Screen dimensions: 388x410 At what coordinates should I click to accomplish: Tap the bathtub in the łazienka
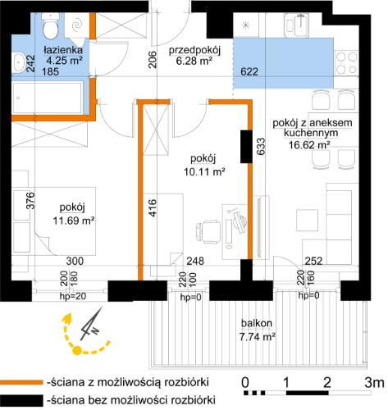pos(48,98)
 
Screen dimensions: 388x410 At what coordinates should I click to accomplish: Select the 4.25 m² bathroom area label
pos(65,60)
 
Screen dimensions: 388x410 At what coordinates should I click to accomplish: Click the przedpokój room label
pos(194,51)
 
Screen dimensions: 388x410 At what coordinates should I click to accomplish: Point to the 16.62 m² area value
pos(309,145)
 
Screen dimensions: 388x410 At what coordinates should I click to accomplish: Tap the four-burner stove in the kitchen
pos(347,63)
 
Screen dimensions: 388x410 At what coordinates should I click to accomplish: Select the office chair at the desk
pos(208,232)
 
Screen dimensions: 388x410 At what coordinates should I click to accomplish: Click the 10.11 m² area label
pos(204,172)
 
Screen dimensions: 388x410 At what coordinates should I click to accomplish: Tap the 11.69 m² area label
pos(74,221)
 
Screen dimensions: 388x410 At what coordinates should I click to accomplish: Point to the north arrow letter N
pos(95,330)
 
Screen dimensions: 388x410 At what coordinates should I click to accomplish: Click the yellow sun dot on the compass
pos(77,350)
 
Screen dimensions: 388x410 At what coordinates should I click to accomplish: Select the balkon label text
pos(257,323)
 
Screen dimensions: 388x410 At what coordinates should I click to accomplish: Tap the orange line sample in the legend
pos(21,382)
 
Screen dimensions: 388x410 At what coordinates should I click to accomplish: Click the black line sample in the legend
pos(21,400)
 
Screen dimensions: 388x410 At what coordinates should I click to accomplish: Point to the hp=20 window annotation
pos(73,296)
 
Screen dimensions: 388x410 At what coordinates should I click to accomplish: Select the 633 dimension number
pos(261,147)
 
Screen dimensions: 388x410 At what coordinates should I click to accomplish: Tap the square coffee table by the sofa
pos(308,221)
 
